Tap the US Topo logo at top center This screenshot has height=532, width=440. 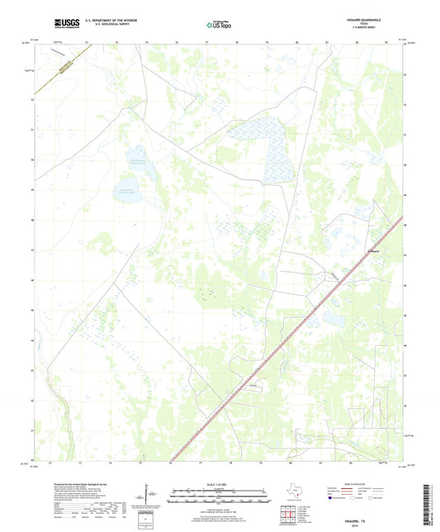pyautogui.click(x=218, y=26)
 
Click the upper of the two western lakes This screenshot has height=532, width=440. pyautogui.click(x=138, y=155)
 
